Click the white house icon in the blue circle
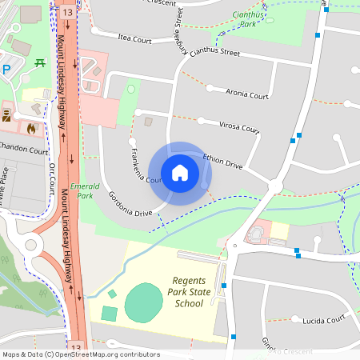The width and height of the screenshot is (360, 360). tap(180, 172)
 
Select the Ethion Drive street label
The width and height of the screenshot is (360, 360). tap(222, 161)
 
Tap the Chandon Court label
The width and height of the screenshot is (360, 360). tap(23, 150)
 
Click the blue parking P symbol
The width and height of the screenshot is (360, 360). tap(6, 70)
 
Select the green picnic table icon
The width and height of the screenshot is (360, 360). tap(38, 63)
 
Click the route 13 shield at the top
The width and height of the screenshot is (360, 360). tap(66, 13)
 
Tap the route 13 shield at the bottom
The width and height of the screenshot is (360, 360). tap(76, 348)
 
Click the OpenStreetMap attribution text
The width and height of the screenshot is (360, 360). tap(80, 354)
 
